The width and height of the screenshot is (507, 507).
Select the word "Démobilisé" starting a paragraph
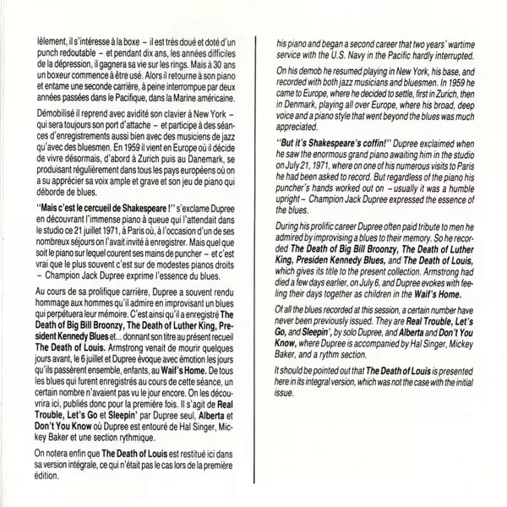56,122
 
